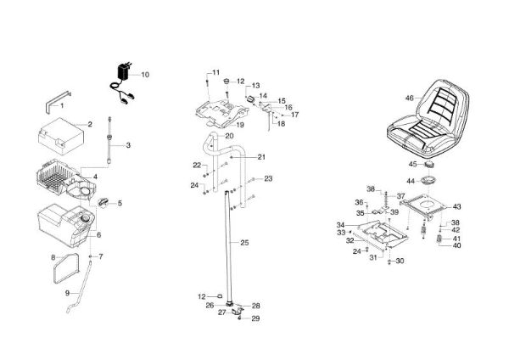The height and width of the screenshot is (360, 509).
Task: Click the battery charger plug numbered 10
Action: click(x=123, y=72)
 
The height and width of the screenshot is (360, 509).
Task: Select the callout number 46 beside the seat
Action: click(x=410, y=98)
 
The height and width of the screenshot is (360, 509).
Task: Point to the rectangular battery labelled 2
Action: click(x=61, y=136)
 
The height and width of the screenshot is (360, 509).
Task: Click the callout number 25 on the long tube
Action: click(x=244, y=243)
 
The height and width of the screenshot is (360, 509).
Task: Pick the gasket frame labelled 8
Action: click(x=66, y=268)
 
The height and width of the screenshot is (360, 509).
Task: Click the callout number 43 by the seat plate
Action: click(x=456, y=206)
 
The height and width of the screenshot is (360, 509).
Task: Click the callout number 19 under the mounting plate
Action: click(x=240, y=125)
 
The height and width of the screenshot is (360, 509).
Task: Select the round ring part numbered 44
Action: click(x=429, y=180)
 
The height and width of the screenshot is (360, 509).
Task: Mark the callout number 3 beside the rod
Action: click(x=128, y=145)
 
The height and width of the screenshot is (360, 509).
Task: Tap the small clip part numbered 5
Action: click(x=103, y=203)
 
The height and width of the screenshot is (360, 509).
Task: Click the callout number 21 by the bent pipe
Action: click(x=261, y=157)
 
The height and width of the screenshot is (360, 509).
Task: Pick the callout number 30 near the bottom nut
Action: click(x=400, y=261)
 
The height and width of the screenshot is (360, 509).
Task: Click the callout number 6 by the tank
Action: click(x=98, y=235)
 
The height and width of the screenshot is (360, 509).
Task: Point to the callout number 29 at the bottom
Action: click(x=256, y=318)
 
